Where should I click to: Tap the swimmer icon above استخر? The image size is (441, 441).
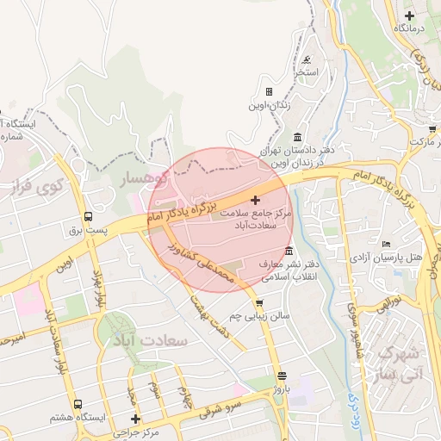point(307,59)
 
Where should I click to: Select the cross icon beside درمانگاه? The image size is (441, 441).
point(409,16)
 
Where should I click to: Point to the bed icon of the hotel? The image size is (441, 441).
point(385,244)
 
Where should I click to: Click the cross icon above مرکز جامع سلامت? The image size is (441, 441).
point(254,200)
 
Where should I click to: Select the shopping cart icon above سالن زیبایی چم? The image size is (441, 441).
point(259,303)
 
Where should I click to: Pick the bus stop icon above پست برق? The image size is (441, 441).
point(88,217)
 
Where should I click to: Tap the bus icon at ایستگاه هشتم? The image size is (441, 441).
point(78,404)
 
